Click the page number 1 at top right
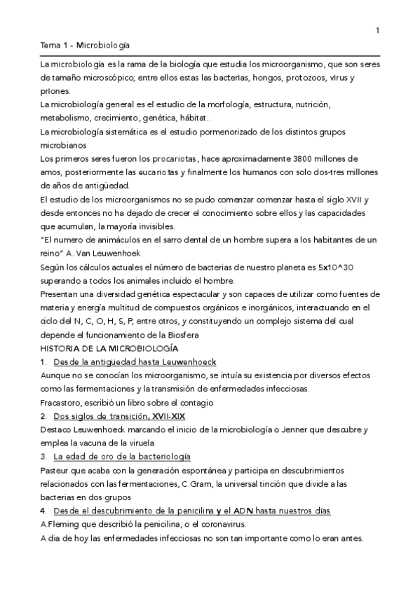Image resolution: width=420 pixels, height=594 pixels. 378,29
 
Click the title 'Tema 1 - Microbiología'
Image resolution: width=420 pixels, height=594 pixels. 86,46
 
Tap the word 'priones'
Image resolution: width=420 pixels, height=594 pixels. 55,91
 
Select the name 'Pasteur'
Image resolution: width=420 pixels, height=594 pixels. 56,470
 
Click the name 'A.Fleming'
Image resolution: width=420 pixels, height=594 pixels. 61,524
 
